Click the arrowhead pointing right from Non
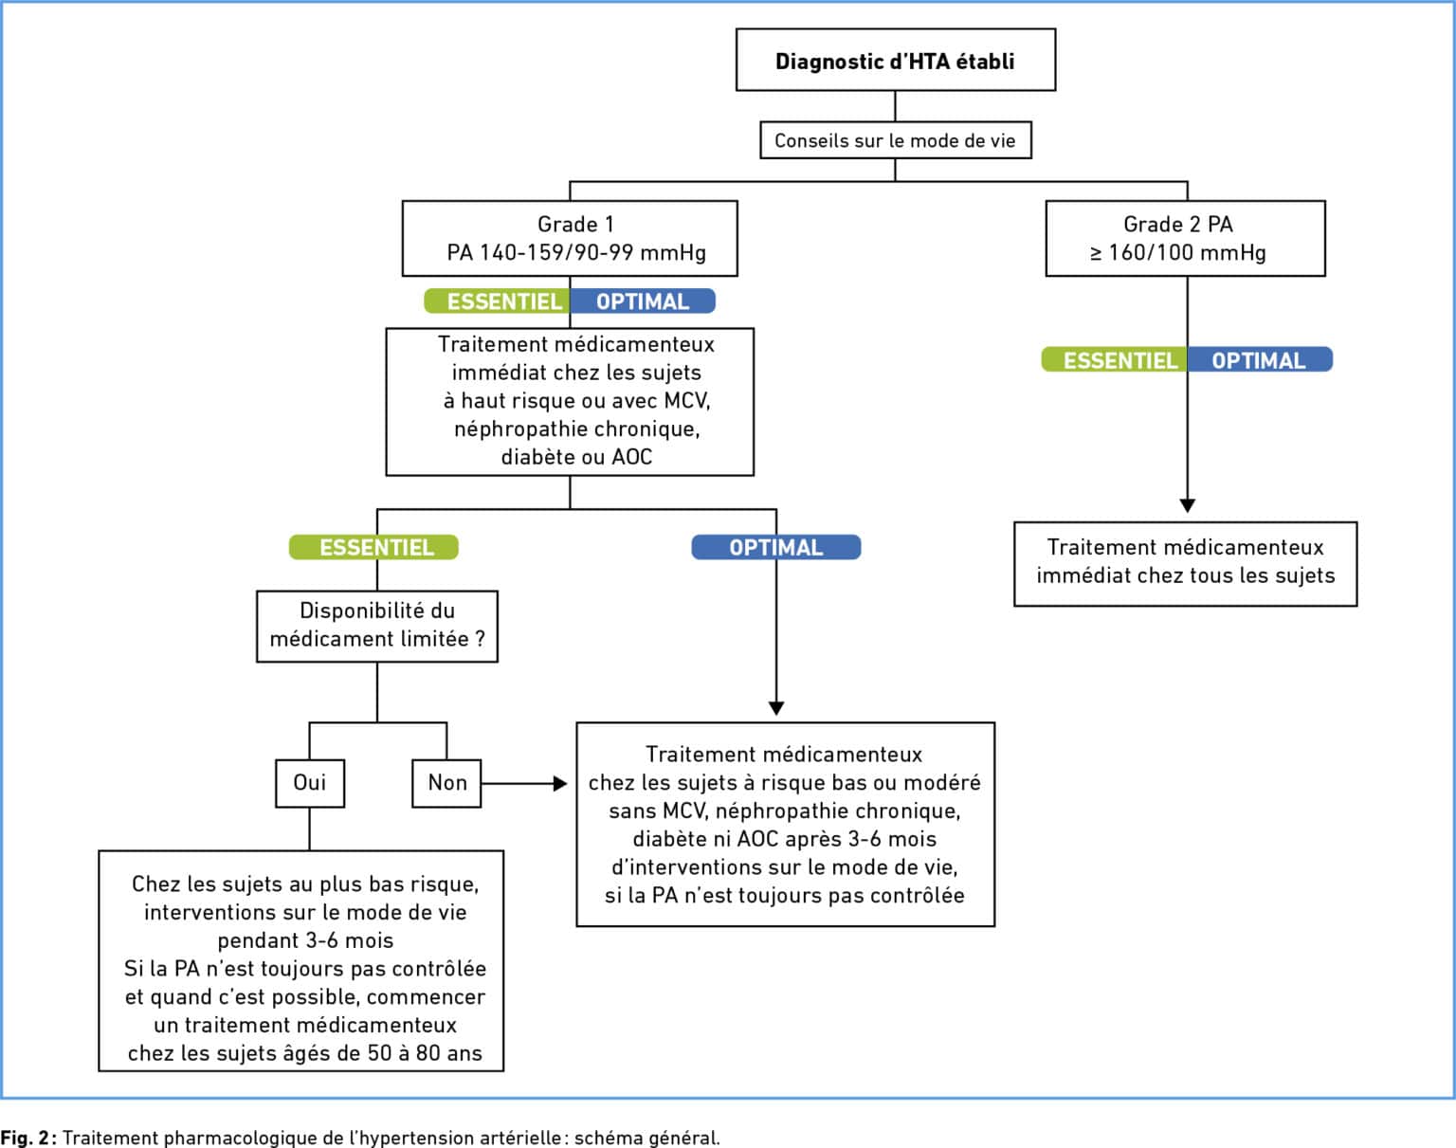[560, 783]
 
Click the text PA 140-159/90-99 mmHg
[576, 252]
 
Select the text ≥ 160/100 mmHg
[1178, 252]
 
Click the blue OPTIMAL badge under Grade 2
[1261, 359]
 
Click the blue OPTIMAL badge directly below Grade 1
[643, 301]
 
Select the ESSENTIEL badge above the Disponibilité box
[373, 547]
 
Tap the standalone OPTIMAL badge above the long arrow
[776, 547]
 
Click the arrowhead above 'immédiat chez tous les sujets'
[1188, 505]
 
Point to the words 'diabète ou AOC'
[576, 457]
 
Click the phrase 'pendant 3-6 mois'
[305, 940]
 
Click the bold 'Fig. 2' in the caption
[25, 1138]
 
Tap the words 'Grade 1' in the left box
[575, 224]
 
